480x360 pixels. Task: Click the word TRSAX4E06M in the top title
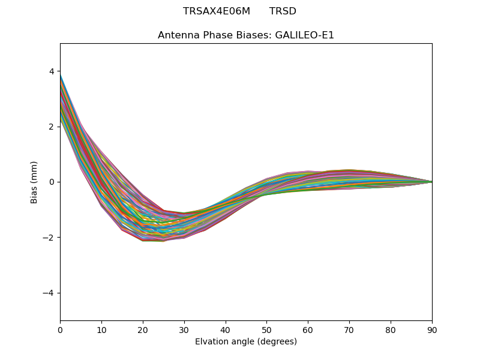pyautogui.click(x=217, y=11)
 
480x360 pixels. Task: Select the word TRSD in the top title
pyautogui.click(x=283, y=11)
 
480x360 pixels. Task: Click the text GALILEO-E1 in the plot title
pyautogui.click(x=304, y=35)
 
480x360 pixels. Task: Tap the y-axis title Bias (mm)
pyautogui.click(x=34, y=182)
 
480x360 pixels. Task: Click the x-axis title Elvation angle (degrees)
pyautogui.click(x=246, y=342)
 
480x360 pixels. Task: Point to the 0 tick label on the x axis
pyautogui.click(x=60, y=329)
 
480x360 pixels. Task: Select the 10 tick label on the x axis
pyautogui.click(x=101, y=329)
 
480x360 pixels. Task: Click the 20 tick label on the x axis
pyautogui.click(x=143, y=329)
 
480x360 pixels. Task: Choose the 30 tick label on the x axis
pyautogui.click(x=184, y=329)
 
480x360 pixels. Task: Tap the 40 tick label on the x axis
pyautogui.click(x=226, y=329)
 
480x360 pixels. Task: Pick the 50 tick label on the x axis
pyautogui.click(x=266, y=329)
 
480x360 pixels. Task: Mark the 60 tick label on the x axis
pyautogui.click(x=308, y=329)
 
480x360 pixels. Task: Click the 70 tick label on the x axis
pyautogui.click(x=349, y=329)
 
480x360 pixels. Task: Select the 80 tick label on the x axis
pyautogui.click(x=391, y=329)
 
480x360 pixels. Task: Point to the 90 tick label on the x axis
pyautogui.click(x=432, y=329)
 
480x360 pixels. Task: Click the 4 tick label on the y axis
pyautogui.click(x=52, y=71)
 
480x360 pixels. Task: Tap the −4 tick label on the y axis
pyautogui.click(x=49, y=293)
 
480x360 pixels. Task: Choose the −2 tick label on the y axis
pyautogui.click(x=49, y=238)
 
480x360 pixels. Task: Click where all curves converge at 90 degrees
pyautogui.click(x=431, y=182)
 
